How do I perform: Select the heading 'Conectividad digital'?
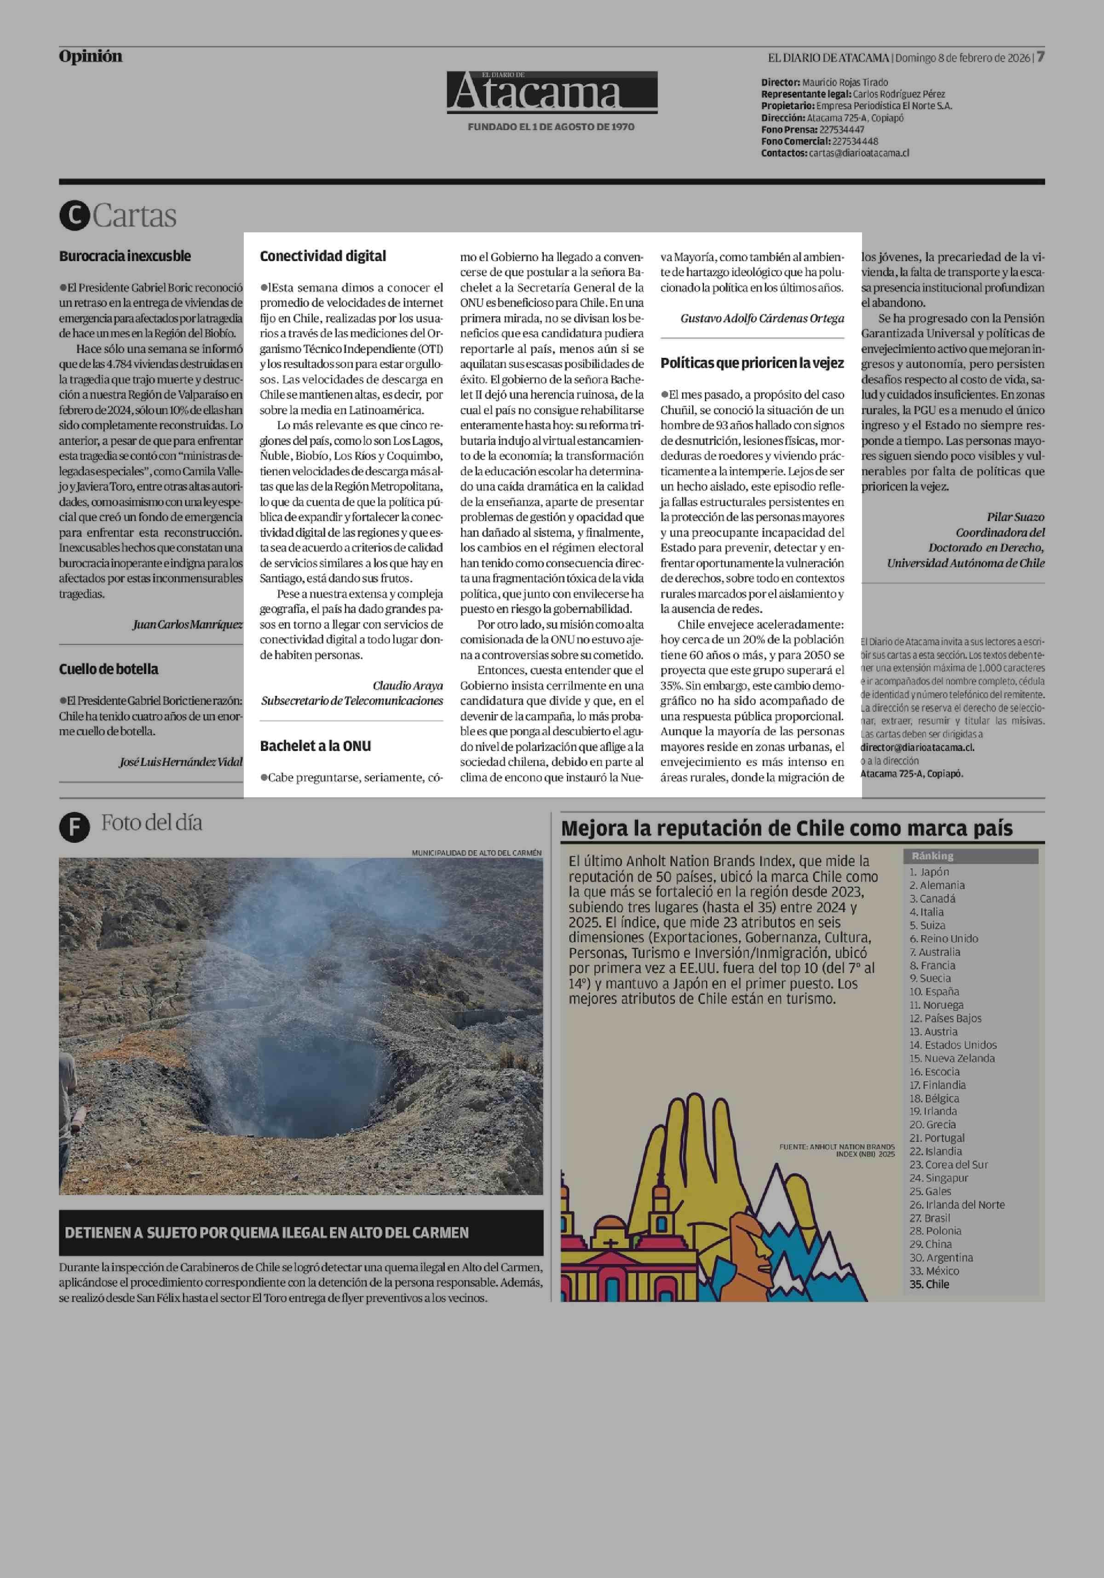click(323, 256)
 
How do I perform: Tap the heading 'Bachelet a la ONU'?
click(316, 746)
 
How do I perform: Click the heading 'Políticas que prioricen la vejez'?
click(752, 363)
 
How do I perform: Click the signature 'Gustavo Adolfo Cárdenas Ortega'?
click(762, 318)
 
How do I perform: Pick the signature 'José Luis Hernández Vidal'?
click(181, 761)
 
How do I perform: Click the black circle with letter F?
click(74, 827)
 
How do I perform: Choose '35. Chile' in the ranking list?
click(929, 1284)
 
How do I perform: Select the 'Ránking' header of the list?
click(932, 856)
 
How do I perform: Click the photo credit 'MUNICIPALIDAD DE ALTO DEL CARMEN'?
click(476, 852)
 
